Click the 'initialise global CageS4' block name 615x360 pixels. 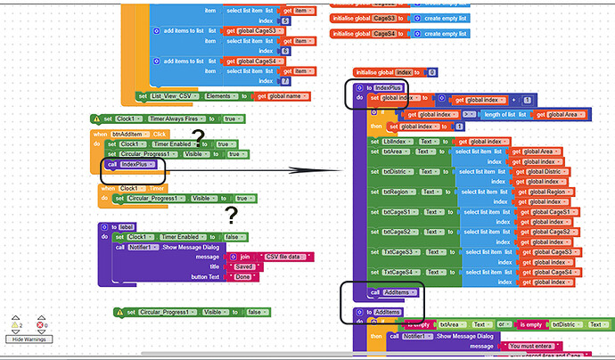pyautogui.click(x=384, y=33)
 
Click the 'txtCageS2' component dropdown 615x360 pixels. pyautogui.click(x=402, y=232)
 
